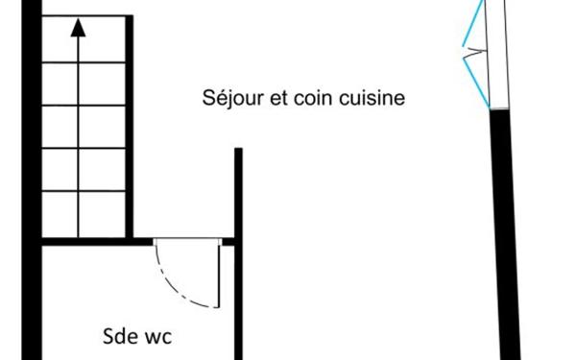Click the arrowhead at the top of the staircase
[x=78, y=28]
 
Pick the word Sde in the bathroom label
[x=119, y=337]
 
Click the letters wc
[x=158, y=337]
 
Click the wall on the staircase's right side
[x=130, y=125]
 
